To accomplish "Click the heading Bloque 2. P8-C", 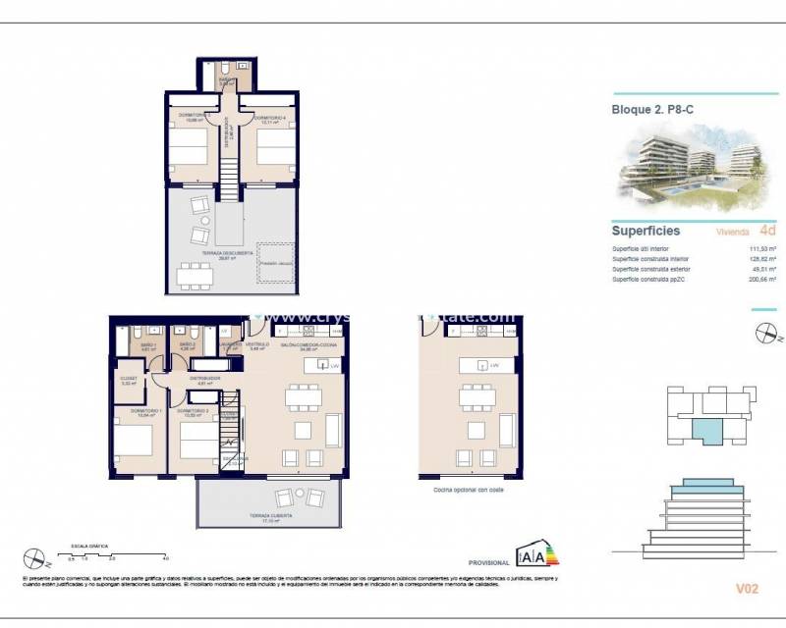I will (x=651, y=110).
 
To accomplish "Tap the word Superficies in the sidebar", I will (x=646, y=232).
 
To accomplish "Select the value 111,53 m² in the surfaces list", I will (x=762, y=249).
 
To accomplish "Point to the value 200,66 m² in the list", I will (x=762, y=280).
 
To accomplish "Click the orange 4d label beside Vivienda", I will (x=768, y=232).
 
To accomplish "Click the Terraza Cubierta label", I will (x=271, y=520).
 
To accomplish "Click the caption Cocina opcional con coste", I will (x=461, y=490).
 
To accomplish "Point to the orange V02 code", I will (x=749, y=589).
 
